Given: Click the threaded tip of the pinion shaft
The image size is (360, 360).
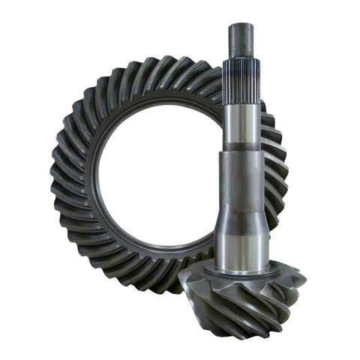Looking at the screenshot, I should [241, 41].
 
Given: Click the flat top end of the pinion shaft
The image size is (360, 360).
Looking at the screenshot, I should [241, 25].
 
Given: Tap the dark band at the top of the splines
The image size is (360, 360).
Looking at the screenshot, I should [241, 62].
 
